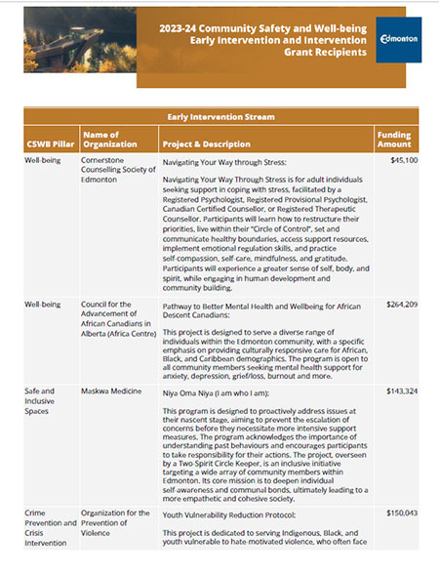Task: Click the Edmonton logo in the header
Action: pos(398,41)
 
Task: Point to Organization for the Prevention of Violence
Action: pos(115,522)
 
